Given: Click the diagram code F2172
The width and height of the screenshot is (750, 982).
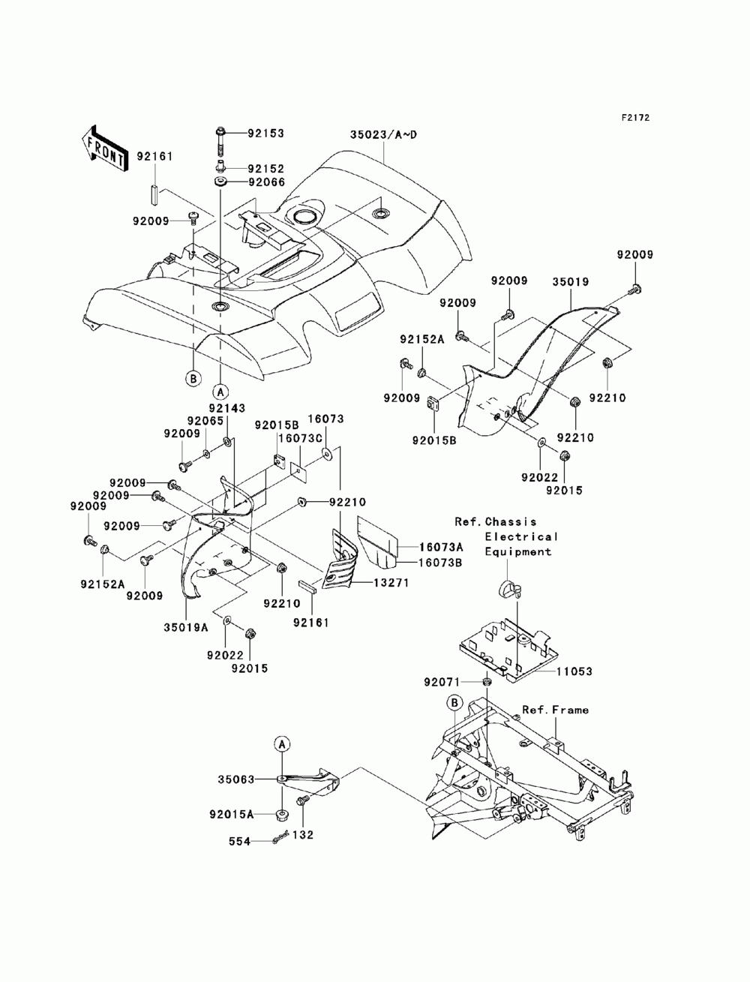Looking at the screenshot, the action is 634,118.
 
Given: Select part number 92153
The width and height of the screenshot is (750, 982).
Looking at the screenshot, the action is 265,134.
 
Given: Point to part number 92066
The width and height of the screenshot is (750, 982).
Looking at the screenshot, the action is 266,182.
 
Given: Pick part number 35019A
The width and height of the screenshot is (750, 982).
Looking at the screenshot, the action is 185,627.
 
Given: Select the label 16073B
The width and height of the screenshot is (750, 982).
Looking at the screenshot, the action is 440,563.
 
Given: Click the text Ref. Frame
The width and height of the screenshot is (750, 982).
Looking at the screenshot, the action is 555,710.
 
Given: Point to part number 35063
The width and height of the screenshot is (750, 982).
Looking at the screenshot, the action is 235,779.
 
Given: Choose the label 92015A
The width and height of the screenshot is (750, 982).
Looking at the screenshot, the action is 231,814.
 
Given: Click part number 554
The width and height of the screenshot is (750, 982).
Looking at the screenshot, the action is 239,842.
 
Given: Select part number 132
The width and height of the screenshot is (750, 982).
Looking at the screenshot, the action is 303,835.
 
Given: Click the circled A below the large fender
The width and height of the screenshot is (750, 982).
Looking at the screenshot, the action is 220,392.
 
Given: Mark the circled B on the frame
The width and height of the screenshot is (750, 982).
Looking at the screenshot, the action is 454,704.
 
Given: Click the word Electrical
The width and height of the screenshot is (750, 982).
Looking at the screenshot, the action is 521,536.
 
